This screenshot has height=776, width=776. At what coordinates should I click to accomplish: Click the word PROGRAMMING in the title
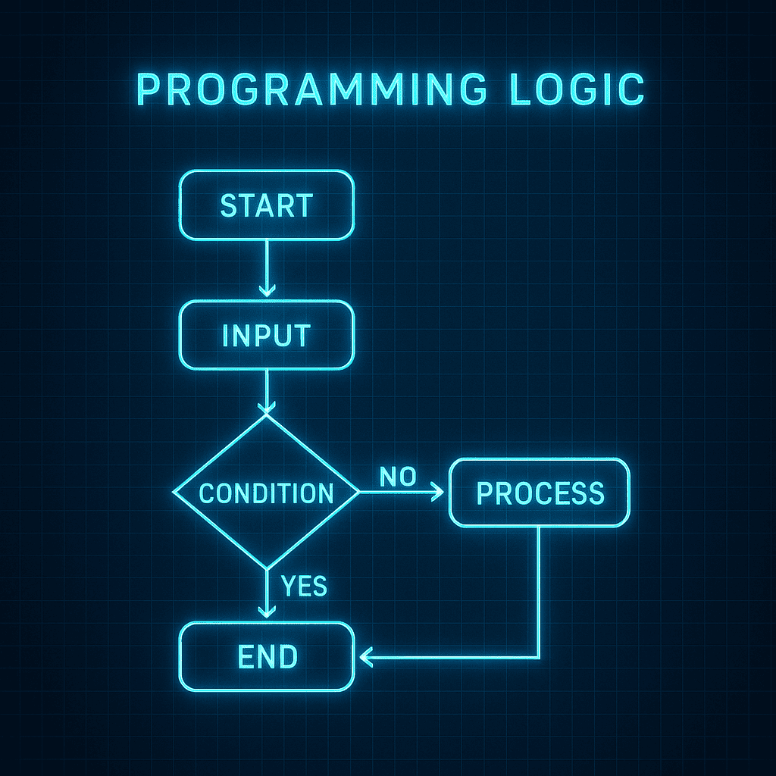311,89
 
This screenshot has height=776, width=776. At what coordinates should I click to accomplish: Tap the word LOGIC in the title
577,89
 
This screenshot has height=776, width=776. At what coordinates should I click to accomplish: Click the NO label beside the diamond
398,477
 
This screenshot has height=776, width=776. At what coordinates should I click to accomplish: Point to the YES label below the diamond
304,586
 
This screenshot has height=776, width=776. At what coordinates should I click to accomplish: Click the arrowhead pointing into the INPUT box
267,291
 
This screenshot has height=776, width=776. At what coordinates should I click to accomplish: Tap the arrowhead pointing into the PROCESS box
438,492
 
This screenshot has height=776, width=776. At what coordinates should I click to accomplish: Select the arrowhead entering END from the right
366,657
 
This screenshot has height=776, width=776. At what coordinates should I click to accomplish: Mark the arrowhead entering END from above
267,612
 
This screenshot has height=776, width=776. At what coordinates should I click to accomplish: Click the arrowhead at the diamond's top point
267,408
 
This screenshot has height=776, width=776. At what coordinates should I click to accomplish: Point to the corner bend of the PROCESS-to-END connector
539,657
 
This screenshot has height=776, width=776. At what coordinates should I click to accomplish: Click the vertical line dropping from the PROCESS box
539,592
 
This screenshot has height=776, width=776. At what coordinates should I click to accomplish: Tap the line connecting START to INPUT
267,268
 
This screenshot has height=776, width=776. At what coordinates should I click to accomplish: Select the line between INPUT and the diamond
267,392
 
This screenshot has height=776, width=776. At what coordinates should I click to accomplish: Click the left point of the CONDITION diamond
173,492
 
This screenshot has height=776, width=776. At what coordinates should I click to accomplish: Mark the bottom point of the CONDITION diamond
267,568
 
